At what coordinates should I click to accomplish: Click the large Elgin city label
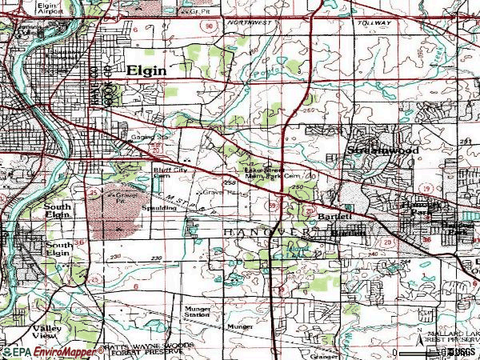(146, 70)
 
